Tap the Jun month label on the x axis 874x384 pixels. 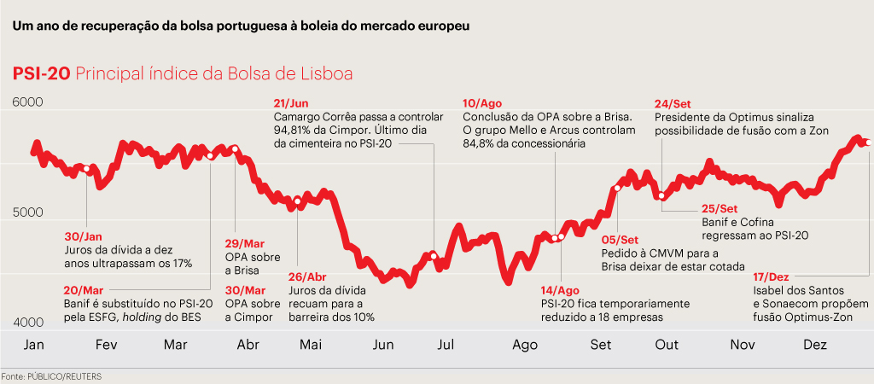(383, 345)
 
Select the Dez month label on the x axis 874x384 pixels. (816, 345)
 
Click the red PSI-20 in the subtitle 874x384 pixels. (41, 74)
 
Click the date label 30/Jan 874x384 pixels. (83, 236)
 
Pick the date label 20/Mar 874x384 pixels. (83, 289)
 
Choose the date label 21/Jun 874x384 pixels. (292, 102)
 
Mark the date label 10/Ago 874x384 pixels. (482, 102)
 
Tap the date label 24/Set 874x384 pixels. (673, 102)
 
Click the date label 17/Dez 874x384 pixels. (772, 278)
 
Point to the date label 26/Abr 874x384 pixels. (308, 276)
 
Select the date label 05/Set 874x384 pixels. (621, 240)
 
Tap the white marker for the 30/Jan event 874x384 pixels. (86, 169)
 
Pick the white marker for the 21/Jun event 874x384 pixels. (434, 256)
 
